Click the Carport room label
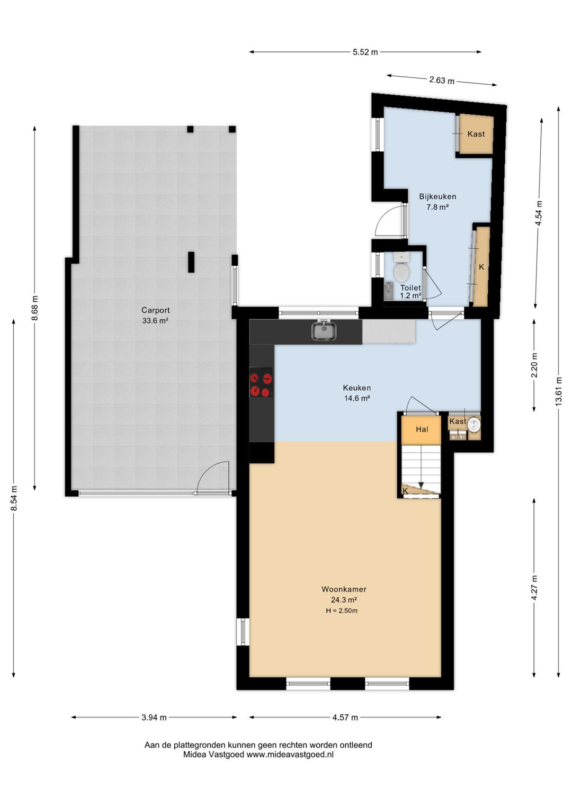coord(155,310)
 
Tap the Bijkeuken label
coord(437,196)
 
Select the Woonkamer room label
coord(344,589)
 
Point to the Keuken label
coord(356,388)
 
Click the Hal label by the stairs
coord(422,429)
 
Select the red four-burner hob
coord(262,382)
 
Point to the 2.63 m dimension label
coord(442,80)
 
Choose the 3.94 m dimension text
coord(154,717)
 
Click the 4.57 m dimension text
coord(345,717)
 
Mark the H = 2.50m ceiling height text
coord(342,611)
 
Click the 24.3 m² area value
coord(344,600)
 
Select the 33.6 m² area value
coord(155,321)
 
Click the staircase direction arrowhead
coord(421,485)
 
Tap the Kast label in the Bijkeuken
coord(476,134)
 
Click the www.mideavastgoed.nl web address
coord(289,755)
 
